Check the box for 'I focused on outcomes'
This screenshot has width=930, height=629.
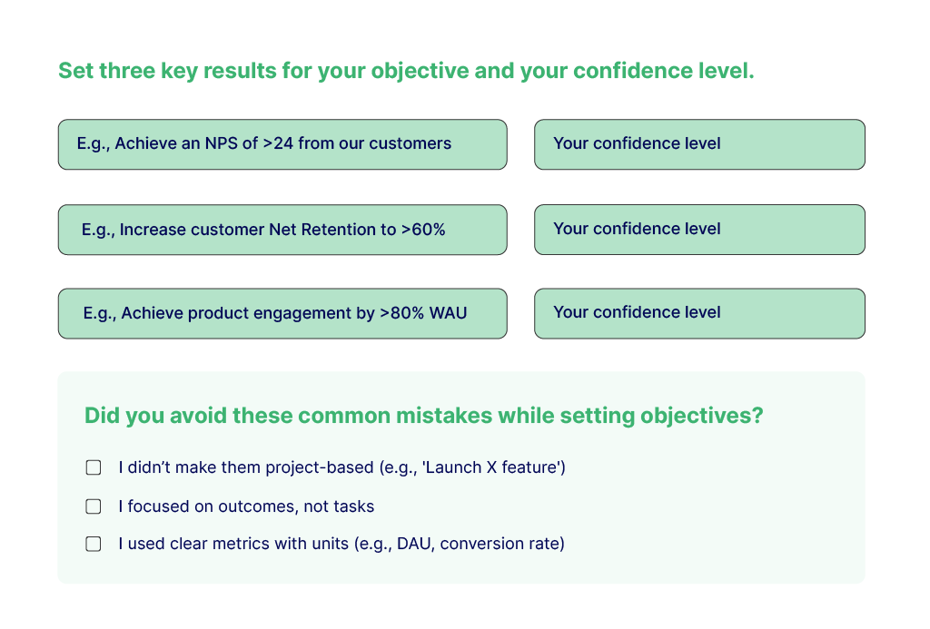[x=94, y=506]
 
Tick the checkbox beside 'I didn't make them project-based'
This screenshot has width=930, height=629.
[x=94, y=467]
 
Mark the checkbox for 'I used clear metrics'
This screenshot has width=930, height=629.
[x=94, y=544]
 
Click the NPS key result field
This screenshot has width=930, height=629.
[x=282, y=144]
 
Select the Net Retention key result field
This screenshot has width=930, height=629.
[x=282, y=230]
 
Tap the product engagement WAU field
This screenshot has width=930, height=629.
[x=282, y=314]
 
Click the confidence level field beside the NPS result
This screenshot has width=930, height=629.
[x=699, y=144]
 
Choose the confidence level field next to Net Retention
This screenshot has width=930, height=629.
[x=699, y=230]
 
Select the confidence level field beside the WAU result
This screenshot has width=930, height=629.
[x=699, y=314]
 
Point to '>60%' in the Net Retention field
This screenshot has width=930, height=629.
[x=423, y=230]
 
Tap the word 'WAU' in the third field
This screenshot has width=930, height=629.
[x=449, y=313]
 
